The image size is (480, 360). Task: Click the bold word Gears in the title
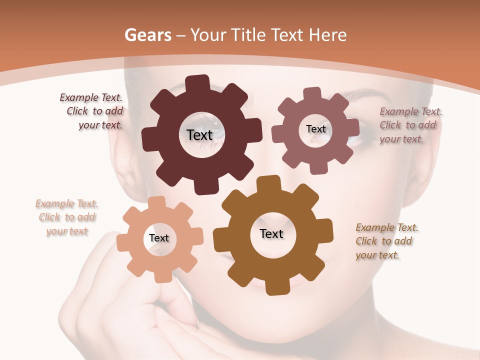tap(148, 35)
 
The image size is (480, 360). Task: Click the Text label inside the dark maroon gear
tap(199, 135)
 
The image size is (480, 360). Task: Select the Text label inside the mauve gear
tap(315, 129)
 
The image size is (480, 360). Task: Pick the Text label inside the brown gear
tap(271, 233)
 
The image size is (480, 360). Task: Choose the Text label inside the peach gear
tap(159, 238)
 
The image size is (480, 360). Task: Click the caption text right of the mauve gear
tap(410, 125)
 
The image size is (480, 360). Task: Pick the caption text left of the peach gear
tap(66, 217)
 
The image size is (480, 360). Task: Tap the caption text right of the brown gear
tap(386, 241)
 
